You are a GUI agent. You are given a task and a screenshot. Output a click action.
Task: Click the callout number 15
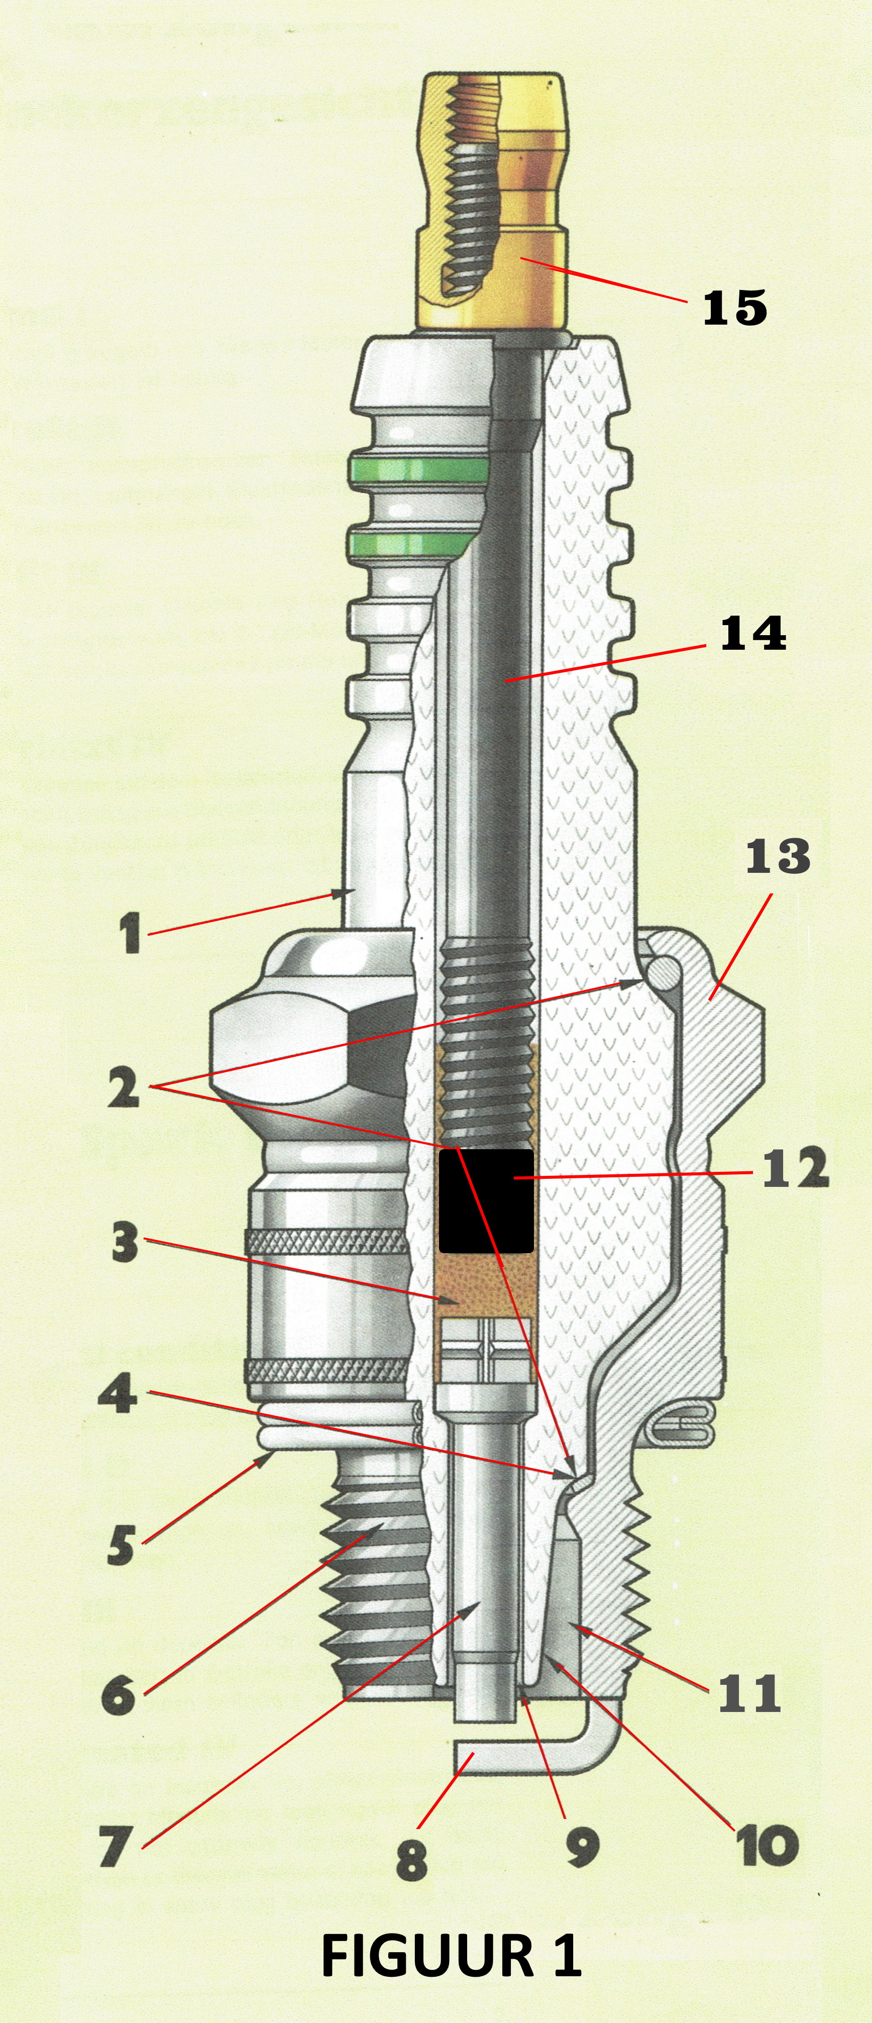pos(734,307)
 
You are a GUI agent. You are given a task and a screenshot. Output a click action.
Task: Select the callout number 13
pos(777,857)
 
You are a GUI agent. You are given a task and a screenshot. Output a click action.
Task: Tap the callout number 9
pos(582,1847)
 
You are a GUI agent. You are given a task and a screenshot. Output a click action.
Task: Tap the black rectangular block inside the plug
pos(486,1201)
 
